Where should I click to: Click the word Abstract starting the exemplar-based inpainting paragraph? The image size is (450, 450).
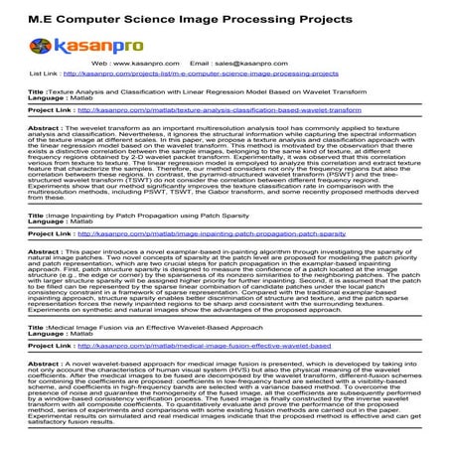click(x=46, y=251)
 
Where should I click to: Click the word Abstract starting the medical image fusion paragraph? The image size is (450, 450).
click(x=46, y=364)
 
